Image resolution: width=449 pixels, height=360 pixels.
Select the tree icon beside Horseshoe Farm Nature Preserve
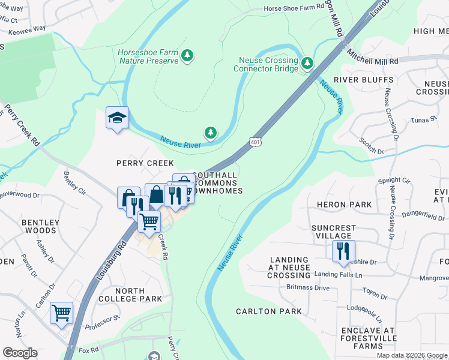[x=188, y=56]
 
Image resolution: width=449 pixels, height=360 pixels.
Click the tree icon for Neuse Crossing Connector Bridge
[x=307, y=63]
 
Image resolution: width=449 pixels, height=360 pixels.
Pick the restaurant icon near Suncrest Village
[x=343, y=251]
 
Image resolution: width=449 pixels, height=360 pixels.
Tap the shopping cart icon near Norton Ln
[x=61, y=313]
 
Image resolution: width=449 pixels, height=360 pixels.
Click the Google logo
[x=20, y=353]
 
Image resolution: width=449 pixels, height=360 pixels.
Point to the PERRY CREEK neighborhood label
[x=145, y=163]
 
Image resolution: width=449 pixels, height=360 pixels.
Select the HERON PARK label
[x=343, y=205]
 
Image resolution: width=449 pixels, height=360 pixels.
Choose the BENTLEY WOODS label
[x=40, y=227]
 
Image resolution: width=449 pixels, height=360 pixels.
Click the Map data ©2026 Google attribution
[x=412, y=355]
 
